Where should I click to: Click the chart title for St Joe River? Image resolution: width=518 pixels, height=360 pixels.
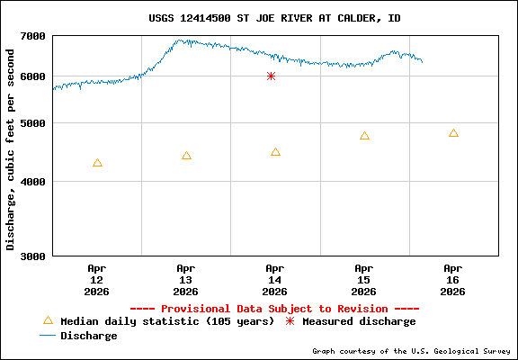tap(274, 18)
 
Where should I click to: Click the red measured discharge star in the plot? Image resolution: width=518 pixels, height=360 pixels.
tap(271, 76)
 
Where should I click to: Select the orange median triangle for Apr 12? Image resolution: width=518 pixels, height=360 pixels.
tap(97, 163)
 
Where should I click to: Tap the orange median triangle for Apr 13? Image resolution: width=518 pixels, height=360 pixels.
tap(186, 156)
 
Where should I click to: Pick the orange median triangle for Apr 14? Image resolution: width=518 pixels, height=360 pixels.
tap(275, 152)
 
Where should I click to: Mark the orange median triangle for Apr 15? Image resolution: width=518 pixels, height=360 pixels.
tap(364, 136)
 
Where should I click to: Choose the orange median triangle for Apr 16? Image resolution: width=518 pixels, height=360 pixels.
tap(453, 133)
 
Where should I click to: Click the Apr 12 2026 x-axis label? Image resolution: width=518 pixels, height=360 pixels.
tap(97, 279)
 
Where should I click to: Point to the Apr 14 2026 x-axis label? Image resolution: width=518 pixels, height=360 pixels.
tap(275, 279)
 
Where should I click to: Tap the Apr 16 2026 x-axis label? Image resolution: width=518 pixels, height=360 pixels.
tap(453, 279)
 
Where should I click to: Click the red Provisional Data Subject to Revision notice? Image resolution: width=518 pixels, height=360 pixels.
tap(274, 308)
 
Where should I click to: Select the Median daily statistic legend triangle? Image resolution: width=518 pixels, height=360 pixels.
tap(49, 320)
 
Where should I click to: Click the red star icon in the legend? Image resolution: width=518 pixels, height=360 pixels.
tap(290, 321)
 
